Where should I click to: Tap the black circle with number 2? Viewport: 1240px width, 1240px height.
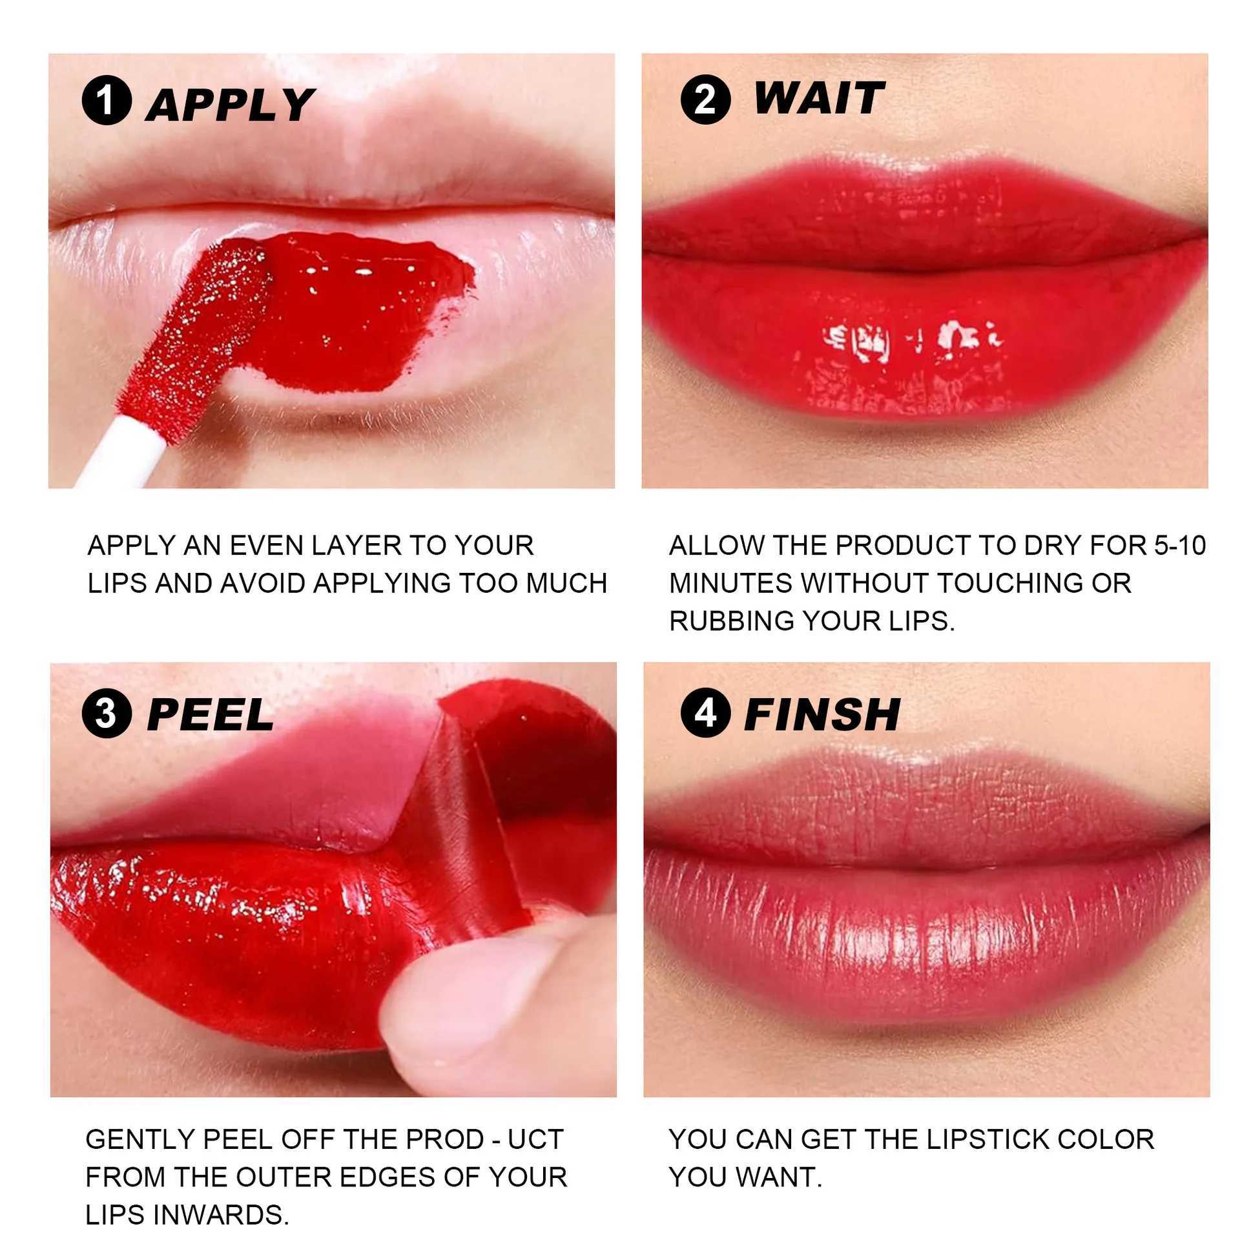tap(705, 99)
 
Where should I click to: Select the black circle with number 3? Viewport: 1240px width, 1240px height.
tap(107, 714)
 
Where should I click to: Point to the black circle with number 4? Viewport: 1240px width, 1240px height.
tap(705, 714)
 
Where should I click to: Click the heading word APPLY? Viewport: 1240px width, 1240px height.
tap(230, 105)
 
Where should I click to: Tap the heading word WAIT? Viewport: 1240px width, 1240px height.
tap(818, 99)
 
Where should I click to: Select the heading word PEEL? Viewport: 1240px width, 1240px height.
tap(210, 715)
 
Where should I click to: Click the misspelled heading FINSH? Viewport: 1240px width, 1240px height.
tap(821, 715)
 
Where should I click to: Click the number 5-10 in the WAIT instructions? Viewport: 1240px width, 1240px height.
tap(1179, 546)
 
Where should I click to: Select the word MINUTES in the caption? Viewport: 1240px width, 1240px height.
tap(730, 583)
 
